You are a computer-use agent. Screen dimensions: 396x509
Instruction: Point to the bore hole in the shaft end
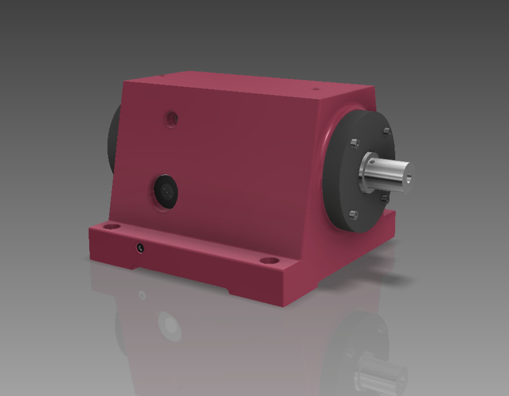tap(409, 179)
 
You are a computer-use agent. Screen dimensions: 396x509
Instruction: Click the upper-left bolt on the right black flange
tap(354, 144)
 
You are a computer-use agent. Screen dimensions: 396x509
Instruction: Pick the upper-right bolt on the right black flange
tap(386, 131)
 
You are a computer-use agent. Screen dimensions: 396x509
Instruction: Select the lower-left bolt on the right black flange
tap(353, 215)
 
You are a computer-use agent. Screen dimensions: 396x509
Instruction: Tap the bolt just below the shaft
tap(384, 198)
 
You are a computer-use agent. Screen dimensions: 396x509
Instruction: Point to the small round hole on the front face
tap(173, 117)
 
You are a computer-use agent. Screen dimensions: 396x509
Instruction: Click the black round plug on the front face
tap(166, 191)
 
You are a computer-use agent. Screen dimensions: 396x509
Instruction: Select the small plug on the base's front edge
tap(141, 248)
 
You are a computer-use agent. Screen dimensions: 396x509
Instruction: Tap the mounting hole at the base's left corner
tap(111, 226)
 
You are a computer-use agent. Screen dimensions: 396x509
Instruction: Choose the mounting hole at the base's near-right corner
tap(268, 260)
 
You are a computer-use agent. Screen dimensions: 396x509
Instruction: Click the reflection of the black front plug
tap(168, 324)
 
